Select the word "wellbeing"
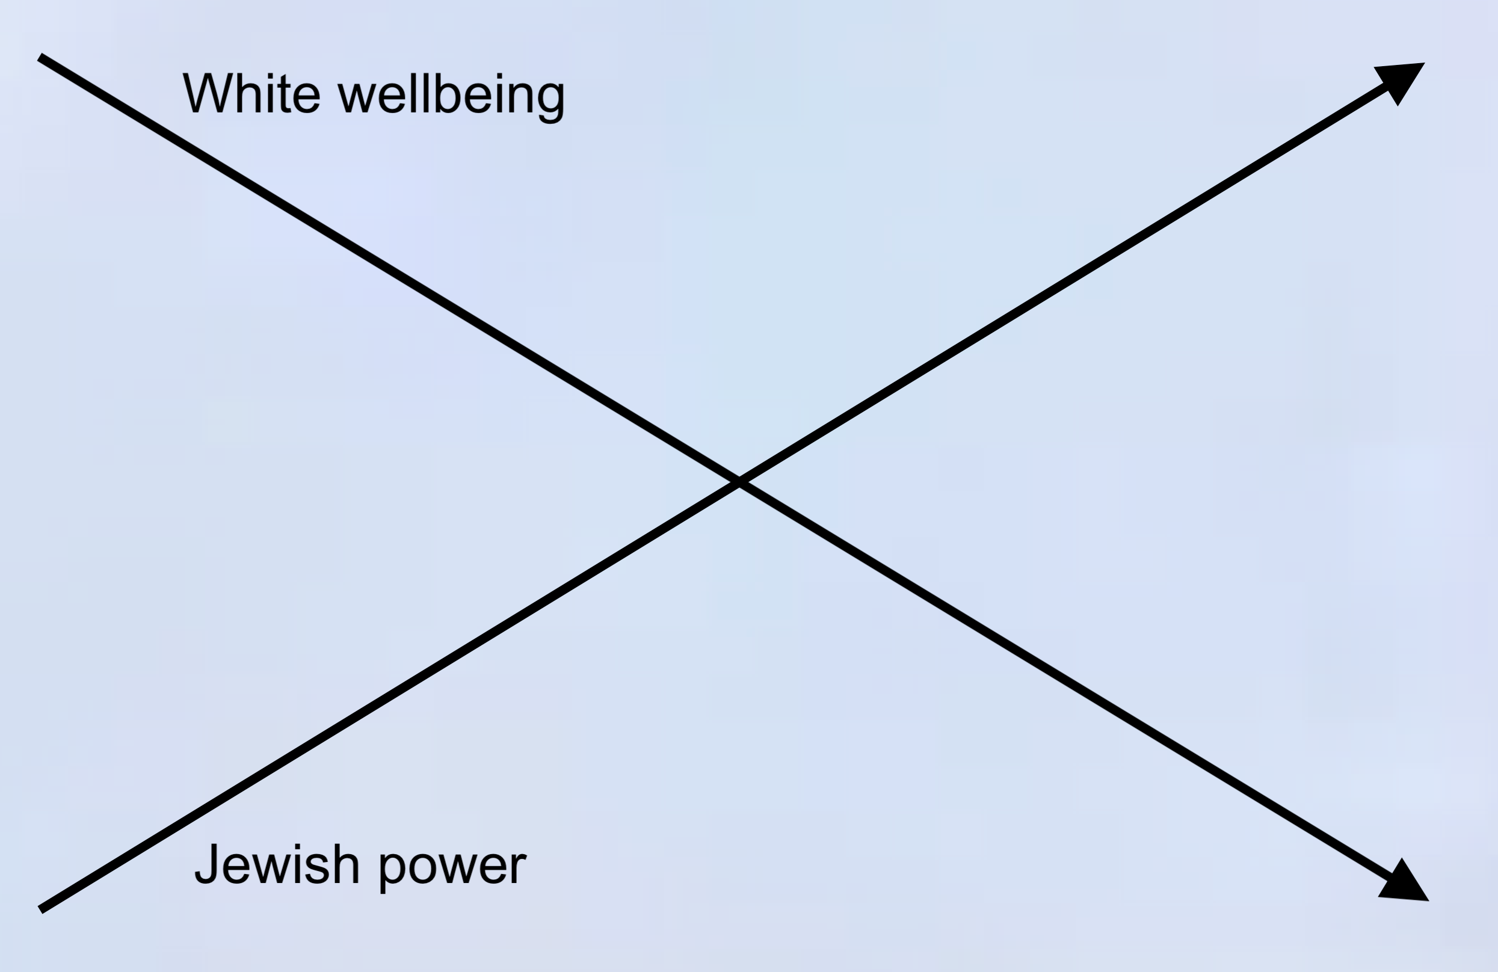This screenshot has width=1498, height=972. pos(451,96)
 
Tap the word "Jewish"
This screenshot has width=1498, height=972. pos(277,864)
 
